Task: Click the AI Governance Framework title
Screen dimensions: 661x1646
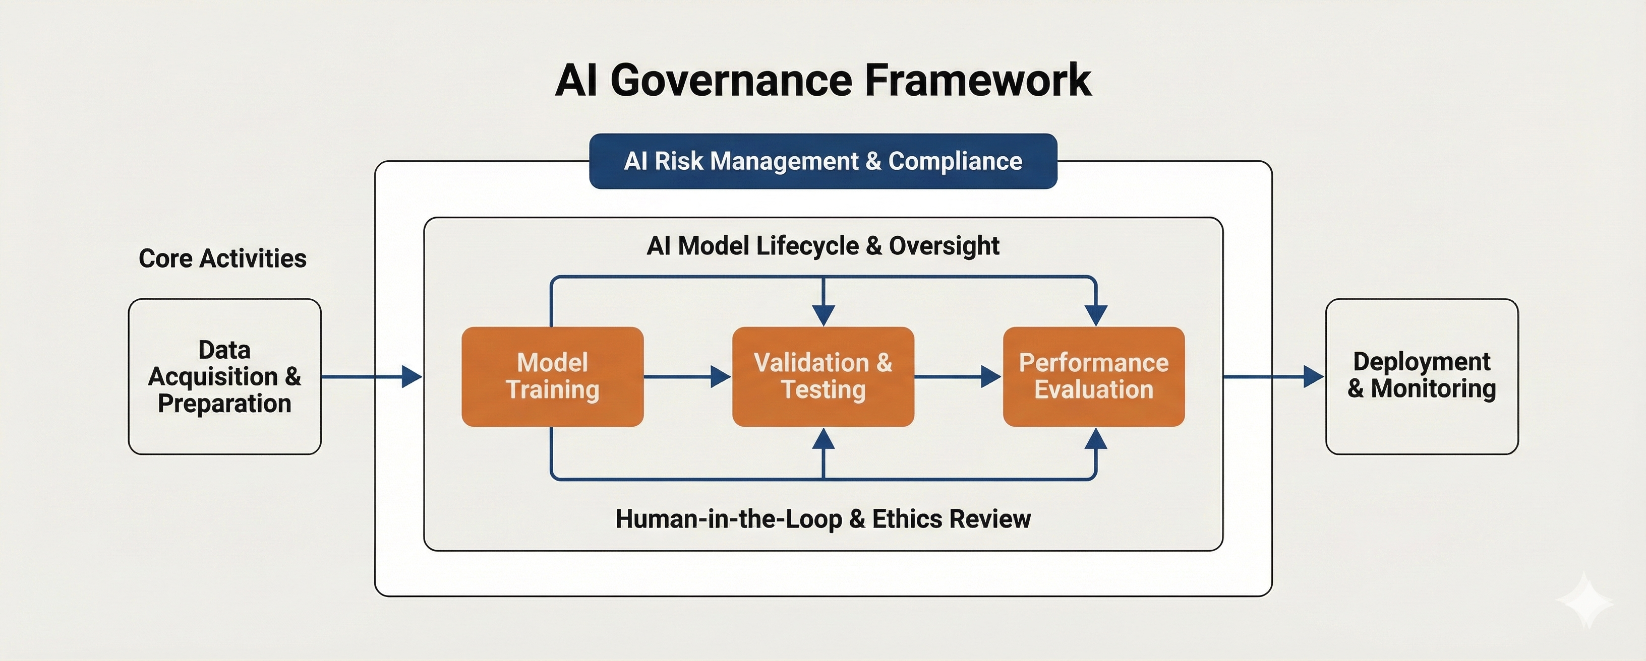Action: coord(823,81)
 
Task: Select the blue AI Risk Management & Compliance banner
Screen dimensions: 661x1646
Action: coord(823,161)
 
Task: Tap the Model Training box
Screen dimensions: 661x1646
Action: coord(552,376)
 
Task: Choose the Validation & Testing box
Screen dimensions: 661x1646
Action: coord(823,376)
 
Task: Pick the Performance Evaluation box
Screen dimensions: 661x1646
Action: coord(1093,376)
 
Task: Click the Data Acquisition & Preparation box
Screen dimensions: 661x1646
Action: coord(224,376)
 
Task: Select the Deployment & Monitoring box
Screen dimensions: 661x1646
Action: coord(1421,376)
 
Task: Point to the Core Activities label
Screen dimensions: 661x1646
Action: coord(222,258)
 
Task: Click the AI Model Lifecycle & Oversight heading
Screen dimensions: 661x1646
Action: coord(823,246)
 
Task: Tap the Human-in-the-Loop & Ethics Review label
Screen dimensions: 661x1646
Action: coord(823,518)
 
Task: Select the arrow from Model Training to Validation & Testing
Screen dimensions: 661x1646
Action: coord(687,377)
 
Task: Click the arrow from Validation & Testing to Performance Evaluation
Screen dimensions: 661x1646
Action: coord(957,377)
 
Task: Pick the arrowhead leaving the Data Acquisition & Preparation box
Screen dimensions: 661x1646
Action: coord(411,377)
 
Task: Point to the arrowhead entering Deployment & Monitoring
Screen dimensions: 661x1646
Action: coord(1314,377)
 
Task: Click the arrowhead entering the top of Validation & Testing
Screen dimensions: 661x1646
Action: coord(824,315)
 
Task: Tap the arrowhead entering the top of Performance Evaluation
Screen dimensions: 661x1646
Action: coord(1096,315)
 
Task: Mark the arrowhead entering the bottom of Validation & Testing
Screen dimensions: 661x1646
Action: coord(824,439)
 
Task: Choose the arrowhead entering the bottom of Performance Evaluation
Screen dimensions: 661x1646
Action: coord(1096,439)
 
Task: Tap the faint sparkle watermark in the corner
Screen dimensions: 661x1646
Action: coord(1584,601)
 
